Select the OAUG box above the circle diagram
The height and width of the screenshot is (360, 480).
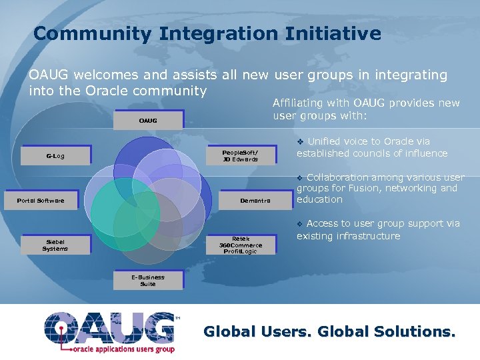(x=148, y=121)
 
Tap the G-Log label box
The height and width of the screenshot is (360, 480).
(x=55, y=157)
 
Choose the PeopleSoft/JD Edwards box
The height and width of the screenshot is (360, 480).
(x=240, y=156)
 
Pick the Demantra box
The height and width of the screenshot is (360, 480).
(x=255, y=201)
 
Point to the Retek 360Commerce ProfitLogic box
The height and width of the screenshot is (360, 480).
(x=241, y=245)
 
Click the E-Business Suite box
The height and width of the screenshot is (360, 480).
(x=147, y=281)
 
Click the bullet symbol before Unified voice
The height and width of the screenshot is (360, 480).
(x=301, y=141)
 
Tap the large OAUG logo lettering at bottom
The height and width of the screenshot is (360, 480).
(x=110, y=327)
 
